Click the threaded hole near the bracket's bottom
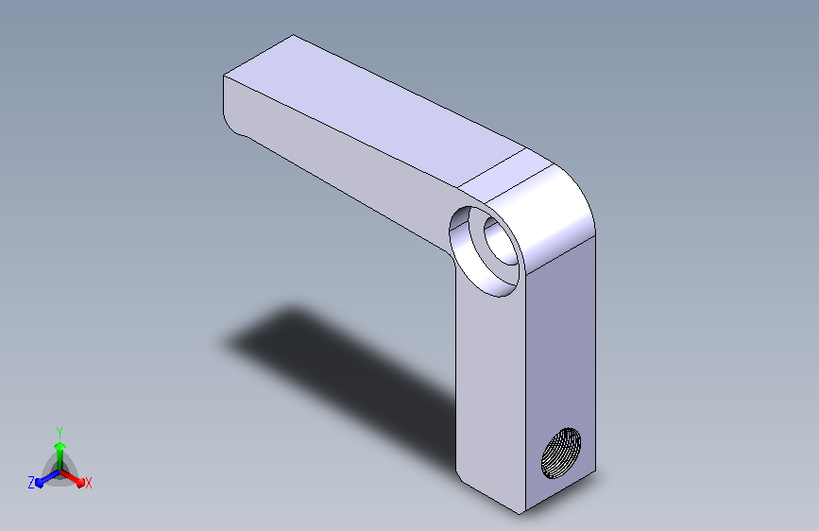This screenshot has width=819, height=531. pyautogui.click(x=561, y=454)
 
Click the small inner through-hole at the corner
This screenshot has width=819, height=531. pyautogui.click(x=501, y=241)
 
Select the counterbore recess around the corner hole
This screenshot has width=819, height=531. pyautogui.click(x=486, y=251)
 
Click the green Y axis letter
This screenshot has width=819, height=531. pyautogui.click(x=60, y=433)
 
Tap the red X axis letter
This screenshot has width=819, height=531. pyautogui.click(x=88, y=483)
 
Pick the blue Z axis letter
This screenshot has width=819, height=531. pyautogui.click(x=31, y=483)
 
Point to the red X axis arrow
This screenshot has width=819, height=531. pyautogui.click(x=73, y=478)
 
